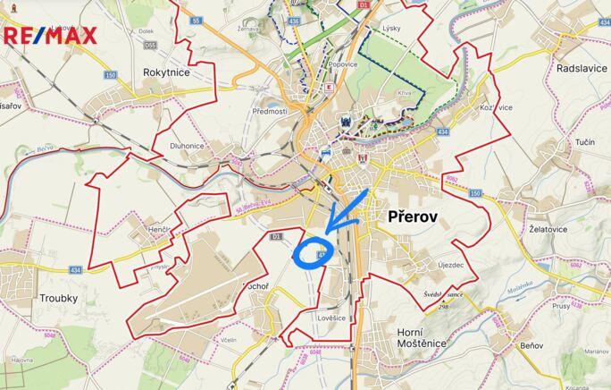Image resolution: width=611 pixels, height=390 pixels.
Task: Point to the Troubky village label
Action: pos(58,298)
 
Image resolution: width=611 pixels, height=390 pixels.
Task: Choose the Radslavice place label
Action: pos(582,68)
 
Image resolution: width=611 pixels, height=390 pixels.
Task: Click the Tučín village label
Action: pos(586,143)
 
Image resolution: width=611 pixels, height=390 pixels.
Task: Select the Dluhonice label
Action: pos(188,147)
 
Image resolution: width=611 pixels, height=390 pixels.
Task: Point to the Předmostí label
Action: pos(269,111)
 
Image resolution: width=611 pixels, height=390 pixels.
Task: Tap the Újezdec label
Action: pos(449,266)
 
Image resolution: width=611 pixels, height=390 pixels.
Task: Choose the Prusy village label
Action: pos(560,304)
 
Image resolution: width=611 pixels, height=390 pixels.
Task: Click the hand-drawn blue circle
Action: pos(312,254)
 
